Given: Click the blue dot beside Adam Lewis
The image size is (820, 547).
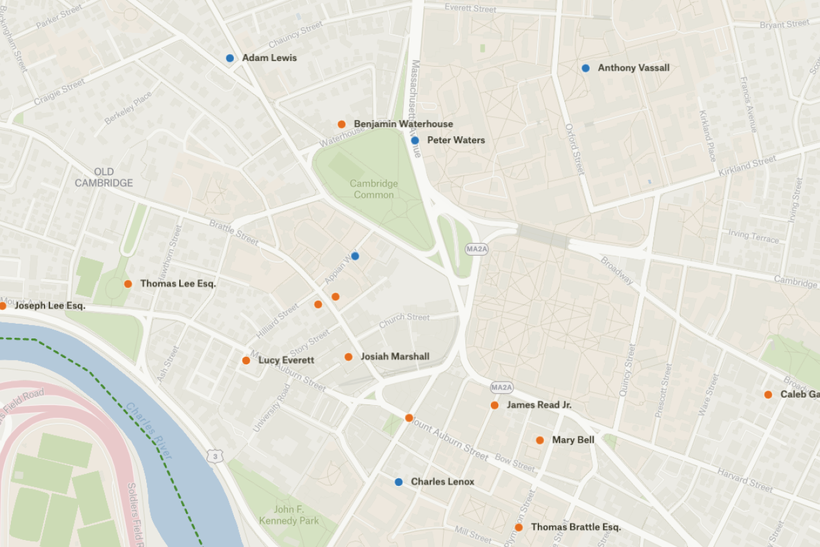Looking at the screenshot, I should pyautogui.click(x=230, y=58).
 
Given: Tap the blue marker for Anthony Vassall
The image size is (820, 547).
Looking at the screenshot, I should pyautogui.click(x=585, y=68).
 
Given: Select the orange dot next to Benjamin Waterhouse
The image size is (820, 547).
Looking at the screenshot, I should pyautogui.click(x=341, y=124).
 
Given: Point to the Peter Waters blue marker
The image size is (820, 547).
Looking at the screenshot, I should pyautogui.click(x=415, y=140).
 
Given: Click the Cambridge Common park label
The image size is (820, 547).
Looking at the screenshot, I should pyautogui.click(x=374, y=189).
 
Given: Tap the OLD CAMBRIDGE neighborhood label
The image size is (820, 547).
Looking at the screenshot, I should pyautogui.click(x=104, y=177).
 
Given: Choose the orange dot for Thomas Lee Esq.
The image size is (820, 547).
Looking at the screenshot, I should pyautogui.click(x=128, y=284).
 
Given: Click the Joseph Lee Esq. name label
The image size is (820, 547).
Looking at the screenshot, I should pyautogui.click(x=50, y=306).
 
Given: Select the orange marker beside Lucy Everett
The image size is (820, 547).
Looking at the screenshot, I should pyautogui.click(x=246, y=361).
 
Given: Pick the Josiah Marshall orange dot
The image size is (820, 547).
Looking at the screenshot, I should pyautogui.click(x=348, y=357).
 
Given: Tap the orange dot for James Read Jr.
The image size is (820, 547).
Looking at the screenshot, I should pyautogui.click(x=495, y=405).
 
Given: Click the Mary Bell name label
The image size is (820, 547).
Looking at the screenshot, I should pyautogui.click(x=573, y=440).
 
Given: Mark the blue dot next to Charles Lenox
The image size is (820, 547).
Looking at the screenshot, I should pyautogui.click(x=399, y=482).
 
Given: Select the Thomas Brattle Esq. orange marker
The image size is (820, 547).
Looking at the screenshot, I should pyautogui.click(x=519, y=527).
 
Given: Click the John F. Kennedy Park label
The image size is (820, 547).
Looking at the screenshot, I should pyautogui.click(x=289, y=515).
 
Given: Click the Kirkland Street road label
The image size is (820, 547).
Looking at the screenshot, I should pyautogui.click(x=748, y=167).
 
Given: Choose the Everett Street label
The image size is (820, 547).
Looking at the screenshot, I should pyautogui.click(x=470, y=8).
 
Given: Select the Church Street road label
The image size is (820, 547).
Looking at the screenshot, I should pyautogui.click(x=404, y=321).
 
